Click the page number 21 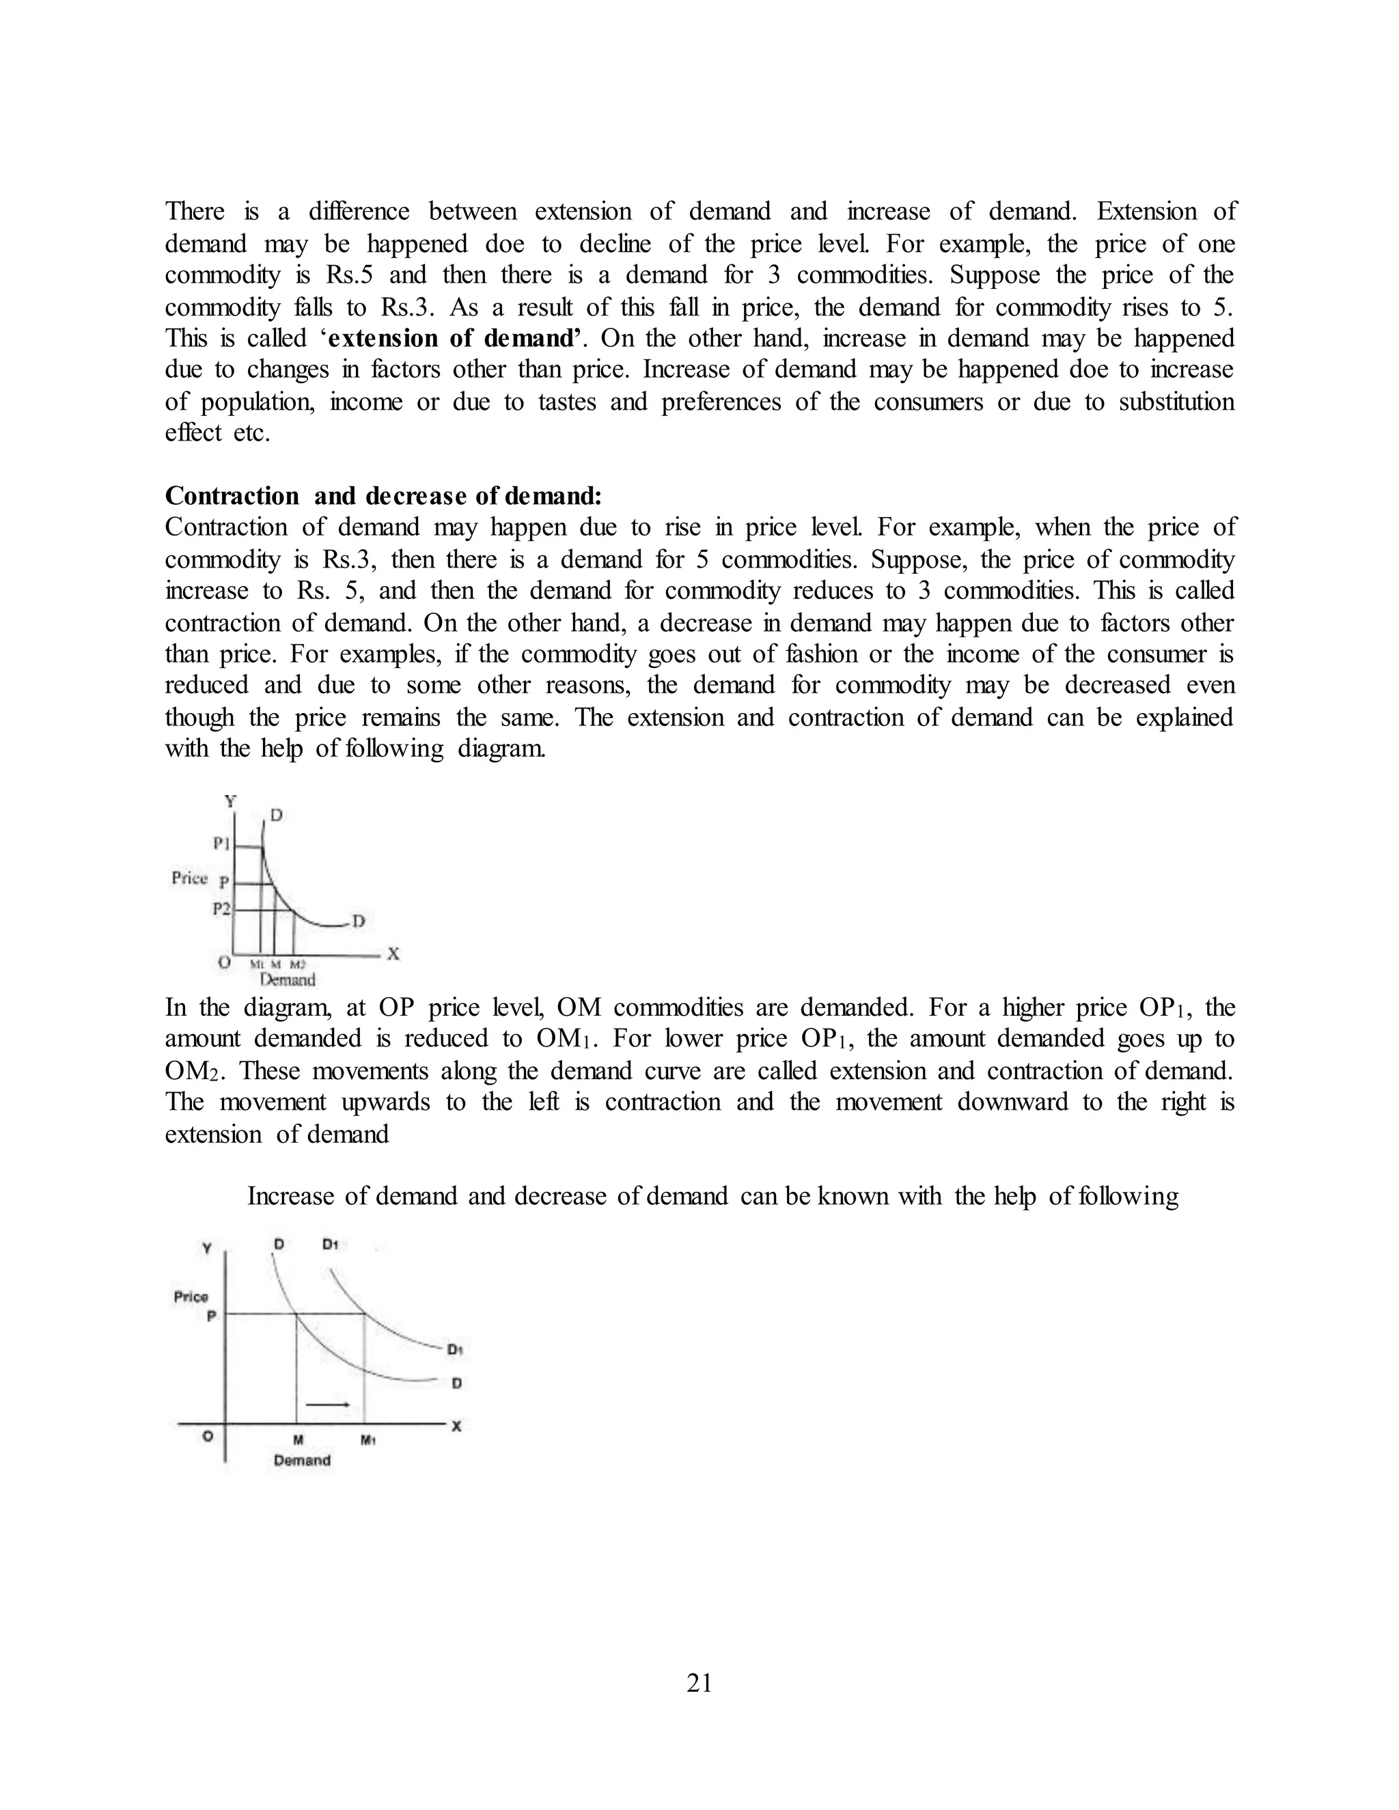(699, 1683)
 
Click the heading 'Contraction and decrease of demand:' (383, 496)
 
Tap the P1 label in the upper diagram (221, 844)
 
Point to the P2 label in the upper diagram (221, 908)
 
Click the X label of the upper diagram (393, 954)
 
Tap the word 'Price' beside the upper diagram (190, 878)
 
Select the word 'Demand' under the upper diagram (288, 980)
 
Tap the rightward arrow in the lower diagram (327, 1404)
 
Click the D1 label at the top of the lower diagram (330, 1244)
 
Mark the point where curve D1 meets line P (365, 1313)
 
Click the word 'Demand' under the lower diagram (302, 1460)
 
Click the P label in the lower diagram (210, 1316)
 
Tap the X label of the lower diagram (456, 1426)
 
